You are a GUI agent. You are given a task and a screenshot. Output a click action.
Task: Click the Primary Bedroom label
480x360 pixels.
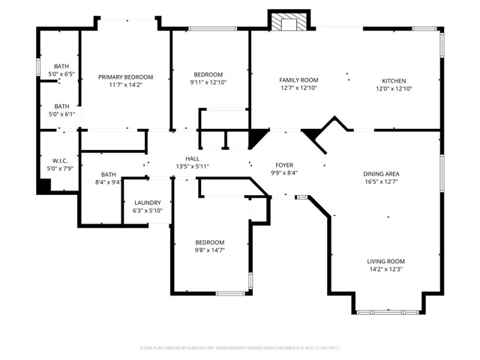click(x=126, y=77)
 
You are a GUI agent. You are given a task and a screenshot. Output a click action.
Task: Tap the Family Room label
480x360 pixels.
click(x=298, y=80)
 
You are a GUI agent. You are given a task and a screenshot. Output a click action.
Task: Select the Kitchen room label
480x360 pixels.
click(x=394, y=80)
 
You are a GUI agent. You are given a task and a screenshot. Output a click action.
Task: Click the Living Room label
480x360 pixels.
click(x=385, y=261)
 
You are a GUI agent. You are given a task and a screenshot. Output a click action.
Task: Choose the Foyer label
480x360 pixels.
click(x=284, y=165)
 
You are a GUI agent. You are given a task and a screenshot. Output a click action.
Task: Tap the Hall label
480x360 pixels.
click(x=193, y=158)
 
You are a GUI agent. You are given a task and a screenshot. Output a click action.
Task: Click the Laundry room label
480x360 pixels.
click(x=148, y=203)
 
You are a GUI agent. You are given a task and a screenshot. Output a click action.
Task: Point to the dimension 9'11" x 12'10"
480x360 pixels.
click(x=208, y=82)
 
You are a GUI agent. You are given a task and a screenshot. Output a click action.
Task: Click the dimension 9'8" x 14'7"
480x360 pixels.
click(x=210, y=250)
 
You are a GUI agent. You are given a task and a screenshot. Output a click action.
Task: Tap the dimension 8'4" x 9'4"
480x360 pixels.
click(x=109, y=182)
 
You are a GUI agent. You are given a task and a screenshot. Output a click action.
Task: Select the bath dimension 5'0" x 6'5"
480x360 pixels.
click(x=61, y=74)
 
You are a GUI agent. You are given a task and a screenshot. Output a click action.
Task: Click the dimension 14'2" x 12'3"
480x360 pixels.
click(x=385, y=269)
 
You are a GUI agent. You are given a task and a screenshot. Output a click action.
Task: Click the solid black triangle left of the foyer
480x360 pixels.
click(x=256, y=137)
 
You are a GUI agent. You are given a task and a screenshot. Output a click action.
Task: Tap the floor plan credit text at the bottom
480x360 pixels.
click(x=240, y=348)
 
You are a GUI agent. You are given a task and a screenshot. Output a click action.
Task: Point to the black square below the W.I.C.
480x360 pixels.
click(x=44, y=186)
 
